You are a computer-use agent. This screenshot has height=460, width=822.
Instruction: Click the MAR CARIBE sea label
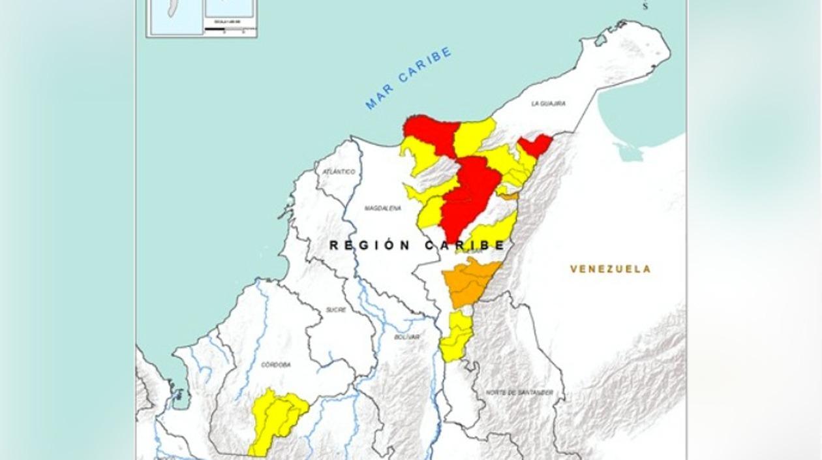(x=408, y=78)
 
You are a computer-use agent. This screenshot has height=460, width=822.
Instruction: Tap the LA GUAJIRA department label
(x=548, y=104)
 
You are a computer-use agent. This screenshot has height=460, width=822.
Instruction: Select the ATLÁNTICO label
(x=339, y=172)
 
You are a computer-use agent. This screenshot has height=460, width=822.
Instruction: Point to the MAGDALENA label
(x=382, y=208)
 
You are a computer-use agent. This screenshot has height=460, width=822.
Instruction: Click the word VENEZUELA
(x=610, y=269)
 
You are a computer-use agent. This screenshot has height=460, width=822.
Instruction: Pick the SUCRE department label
(x=335, y=310)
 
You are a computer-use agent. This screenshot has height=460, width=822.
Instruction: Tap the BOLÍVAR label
(x=406, y=337)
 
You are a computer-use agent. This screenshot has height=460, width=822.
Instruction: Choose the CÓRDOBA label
(x=275, y=365)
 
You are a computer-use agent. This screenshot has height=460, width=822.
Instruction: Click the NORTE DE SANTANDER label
(x=519, y=392)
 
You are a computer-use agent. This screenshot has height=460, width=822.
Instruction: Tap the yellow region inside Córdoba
(x=277, y=418)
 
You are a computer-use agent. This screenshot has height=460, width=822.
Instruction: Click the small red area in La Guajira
(x=535, y=145)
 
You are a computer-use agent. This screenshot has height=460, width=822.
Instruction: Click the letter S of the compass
(x=645, y=7)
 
